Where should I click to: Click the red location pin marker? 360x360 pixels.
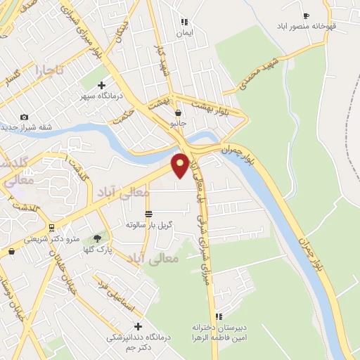point(180,166)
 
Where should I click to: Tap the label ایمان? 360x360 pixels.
point(184,33)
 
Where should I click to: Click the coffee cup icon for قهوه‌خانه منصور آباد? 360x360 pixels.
point(305,15)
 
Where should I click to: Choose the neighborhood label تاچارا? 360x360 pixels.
point(50,71)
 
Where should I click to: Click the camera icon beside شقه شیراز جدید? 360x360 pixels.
point(24,117)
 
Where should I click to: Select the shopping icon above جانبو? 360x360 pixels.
point(179,112)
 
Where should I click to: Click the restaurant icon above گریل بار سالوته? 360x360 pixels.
point(148,214)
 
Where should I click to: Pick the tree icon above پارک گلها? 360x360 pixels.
point(98,238)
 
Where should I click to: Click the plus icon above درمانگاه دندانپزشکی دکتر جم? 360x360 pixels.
point(138,326)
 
